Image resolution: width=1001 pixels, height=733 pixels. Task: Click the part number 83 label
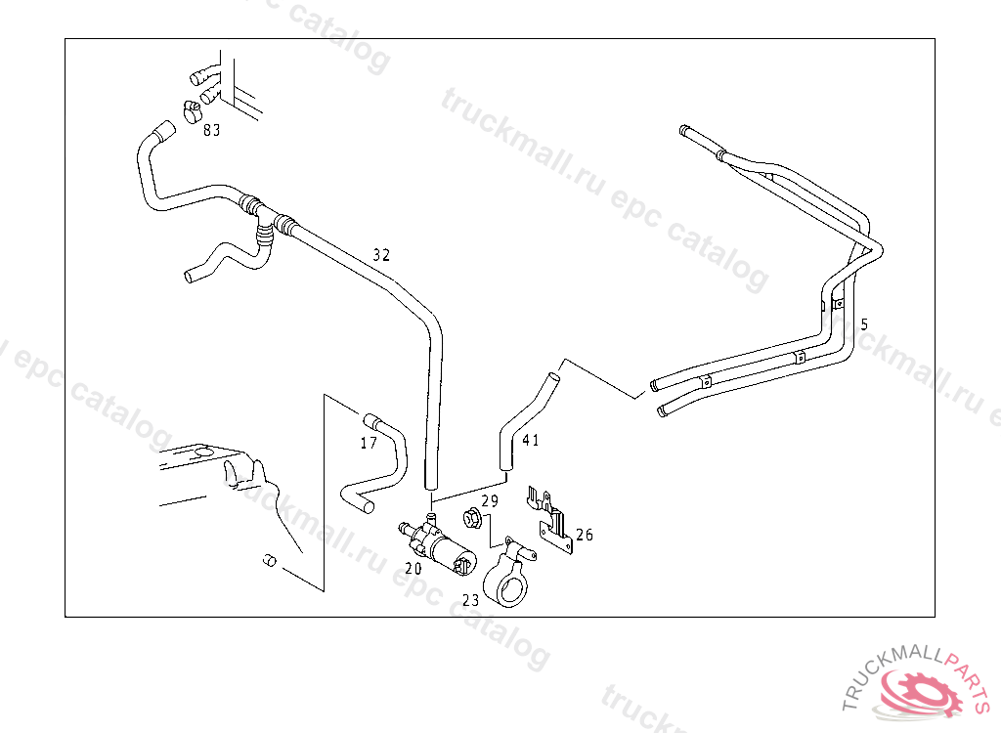click(211, 130)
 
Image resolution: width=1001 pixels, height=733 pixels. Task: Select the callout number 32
click(381, 255)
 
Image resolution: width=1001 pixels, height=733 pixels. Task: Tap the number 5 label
click(864, 323)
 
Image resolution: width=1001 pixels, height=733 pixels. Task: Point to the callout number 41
click(530, 440)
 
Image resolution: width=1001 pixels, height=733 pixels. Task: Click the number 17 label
click(369, 443)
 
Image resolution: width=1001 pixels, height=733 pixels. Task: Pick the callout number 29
click(490, 500)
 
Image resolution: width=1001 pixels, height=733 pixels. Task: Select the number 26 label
click(584, 535)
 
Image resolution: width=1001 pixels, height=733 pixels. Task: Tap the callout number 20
click(413, 567)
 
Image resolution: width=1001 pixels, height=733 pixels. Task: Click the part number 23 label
click(470, 600)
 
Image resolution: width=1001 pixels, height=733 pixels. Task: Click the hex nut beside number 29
click(469, 518)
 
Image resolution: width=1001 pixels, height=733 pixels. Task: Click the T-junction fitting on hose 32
click(262, 217)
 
